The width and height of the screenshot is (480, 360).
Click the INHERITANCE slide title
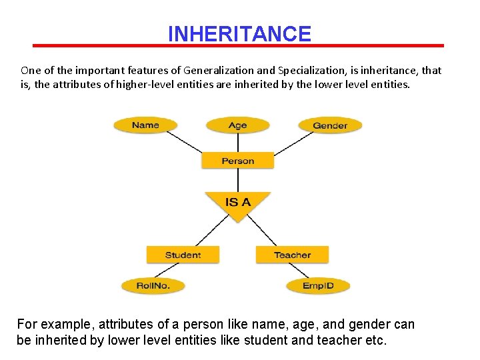[239, 33]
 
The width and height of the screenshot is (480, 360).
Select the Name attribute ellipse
[145, 125]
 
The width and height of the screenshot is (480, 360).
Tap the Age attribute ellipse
[237, 125]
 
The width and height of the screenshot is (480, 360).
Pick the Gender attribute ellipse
[329, 125]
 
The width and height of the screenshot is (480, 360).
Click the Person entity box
[237, 161]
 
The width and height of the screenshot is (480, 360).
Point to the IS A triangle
[237, 203]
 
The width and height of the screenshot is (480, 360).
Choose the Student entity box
[183, 255]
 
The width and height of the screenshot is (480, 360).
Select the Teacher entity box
[292, 255]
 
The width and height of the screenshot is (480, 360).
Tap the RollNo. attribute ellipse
[153, 285]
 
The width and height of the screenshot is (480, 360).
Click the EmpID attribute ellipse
[318, 285]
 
